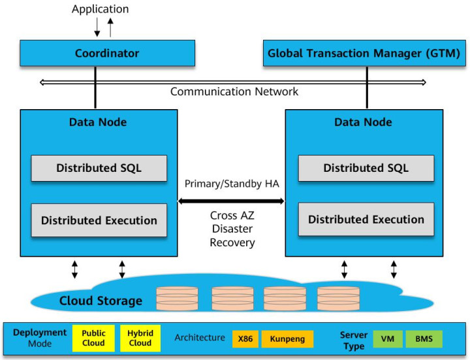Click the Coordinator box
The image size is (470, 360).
pyautogui.click(x=108, y=53)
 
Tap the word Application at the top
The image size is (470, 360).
pyautogui.click(x=101, y=9)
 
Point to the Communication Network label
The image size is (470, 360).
pyautogui.click(x=234, y=91)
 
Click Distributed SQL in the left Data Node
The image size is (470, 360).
pyautogui.click(x=99, y=168)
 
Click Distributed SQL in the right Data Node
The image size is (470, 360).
pyautogui.click(x=366, y=168)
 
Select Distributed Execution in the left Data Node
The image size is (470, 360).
pyautogui.click(x=99, y=220)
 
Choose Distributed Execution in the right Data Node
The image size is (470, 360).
pyautogui.click(x=366, y=220)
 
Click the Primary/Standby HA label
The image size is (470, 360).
pyautogui.click(x=232, y=184)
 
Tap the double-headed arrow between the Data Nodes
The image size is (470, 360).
pyautogui.click(x=232, y=201)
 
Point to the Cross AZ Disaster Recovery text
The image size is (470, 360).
pyautogui.click(x=232, y=229)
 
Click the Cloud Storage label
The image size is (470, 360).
pyautogui.click(x=101, y=301)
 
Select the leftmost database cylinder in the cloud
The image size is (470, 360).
pyautogui.click(x=177, y=298)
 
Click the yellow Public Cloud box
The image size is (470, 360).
pyautogui.click(x=93, y=338)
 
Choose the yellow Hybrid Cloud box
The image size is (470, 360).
pyautogui.click(x=140, y=338)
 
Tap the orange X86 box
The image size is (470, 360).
pyautogui.click(x=245, y=339)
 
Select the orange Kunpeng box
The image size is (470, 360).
pyautogui.click(x=287, y=339)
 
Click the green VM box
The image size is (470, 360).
pyautogui.click(x=388, y=339)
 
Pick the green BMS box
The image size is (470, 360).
pyautogui.click(x=424, y=339)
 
